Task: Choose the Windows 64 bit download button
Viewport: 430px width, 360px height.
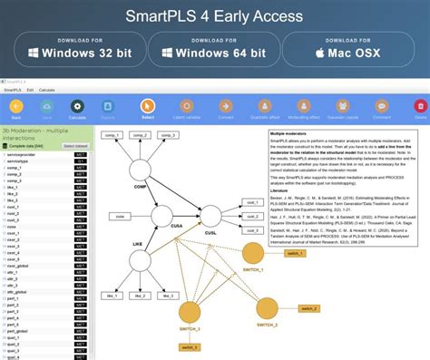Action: pos(215,54)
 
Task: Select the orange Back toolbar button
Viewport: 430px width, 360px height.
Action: pos(15,106)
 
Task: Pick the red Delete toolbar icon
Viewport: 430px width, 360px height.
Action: pos(419,106)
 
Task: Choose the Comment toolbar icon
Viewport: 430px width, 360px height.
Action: pos(380,106)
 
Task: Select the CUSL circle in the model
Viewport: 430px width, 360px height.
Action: pos(210,216)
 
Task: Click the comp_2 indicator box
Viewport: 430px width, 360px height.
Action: pos(141,136)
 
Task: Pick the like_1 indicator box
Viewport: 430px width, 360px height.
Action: pos(112,294)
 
